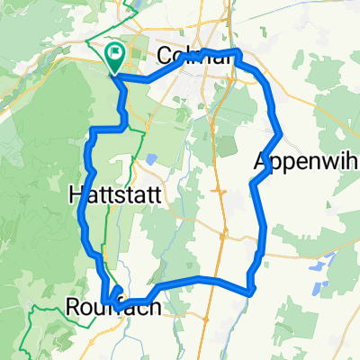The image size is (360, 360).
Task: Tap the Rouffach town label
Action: tap(107, 308)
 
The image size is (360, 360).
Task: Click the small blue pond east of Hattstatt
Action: tap(150, 158)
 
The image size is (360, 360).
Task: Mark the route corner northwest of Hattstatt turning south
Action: tap(93, 132)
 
